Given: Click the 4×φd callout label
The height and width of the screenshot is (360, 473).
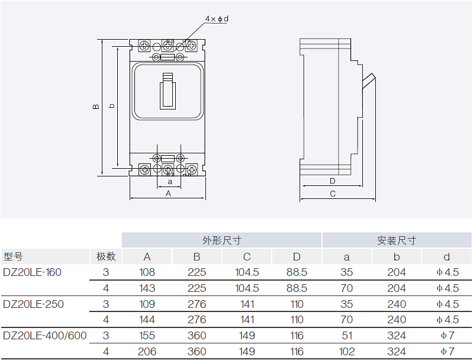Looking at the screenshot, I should coord(217,19).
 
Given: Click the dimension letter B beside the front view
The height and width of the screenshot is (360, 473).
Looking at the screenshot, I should coord(95,107).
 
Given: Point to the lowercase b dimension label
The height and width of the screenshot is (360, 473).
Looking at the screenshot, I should coord(111,107).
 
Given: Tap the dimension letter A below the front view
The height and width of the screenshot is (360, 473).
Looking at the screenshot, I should coord(168,193).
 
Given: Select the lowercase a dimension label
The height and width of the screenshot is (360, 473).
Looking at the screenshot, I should coord(170,182).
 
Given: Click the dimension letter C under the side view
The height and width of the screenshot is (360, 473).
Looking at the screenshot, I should coord(333,194).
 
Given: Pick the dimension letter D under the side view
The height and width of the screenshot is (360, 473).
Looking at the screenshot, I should coord(332,181).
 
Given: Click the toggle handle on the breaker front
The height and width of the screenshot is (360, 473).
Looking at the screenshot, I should coord(168,91).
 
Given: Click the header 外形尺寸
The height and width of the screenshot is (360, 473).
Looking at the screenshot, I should coord(221,240).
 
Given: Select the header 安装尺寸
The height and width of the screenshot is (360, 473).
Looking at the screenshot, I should coord(396,240).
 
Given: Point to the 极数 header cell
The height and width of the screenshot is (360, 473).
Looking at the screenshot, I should coord(106,257).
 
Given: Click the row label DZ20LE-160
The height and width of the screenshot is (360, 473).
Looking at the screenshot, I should coord(32,272).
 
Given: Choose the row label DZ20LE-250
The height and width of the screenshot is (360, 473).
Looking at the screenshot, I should coord(33,304).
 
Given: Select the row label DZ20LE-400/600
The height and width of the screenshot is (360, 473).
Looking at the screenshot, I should coord(45,336).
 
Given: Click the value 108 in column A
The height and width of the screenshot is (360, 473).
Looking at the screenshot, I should coord(147,272).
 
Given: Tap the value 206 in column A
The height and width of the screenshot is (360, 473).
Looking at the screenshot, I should coord(147,352).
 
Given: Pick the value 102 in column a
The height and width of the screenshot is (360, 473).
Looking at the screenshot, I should coord(347,352).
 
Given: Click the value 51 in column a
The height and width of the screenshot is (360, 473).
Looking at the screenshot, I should coord(347,336).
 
